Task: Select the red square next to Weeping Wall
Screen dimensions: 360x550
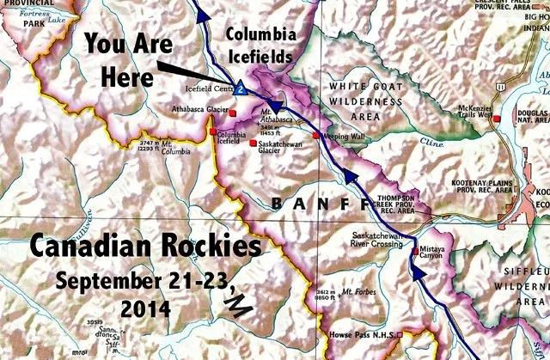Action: [x=316, y=136]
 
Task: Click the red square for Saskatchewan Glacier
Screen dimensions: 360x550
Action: [x=252, y=143]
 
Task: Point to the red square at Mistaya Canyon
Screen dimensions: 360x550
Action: [x=412, y=242]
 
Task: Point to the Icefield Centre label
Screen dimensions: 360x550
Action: [x=209, y=87]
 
